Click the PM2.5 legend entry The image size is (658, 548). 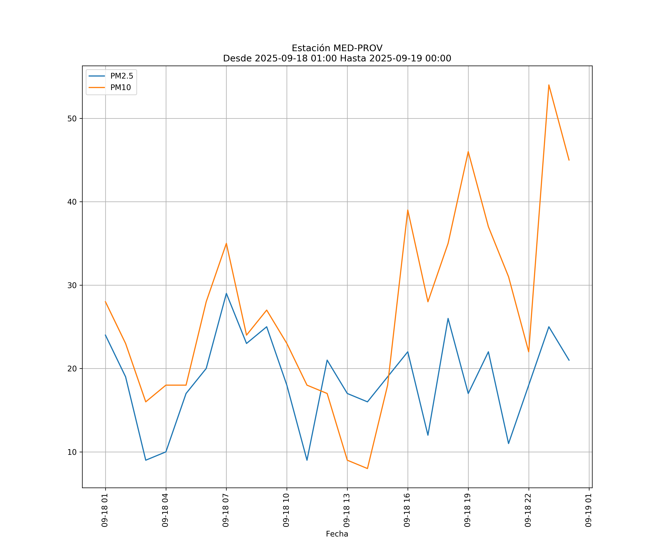122,76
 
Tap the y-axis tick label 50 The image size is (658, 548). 72,119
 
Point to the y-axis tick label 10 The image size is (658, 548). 72,452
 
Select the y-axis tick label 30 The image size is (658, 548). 72,285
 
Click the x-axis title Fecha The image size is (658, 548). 337,534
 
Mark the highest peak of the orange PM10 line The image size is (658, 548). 549,85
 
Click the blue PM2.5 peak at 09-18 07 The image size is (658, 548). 226,293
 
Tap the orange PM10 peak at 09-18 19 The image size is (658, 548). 468,152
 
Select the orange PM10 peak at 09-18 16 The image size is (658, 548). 408,210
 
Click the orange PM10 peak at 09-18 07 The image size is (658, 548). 226,243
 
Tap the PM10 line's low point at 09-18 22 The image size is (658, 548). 529,352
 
